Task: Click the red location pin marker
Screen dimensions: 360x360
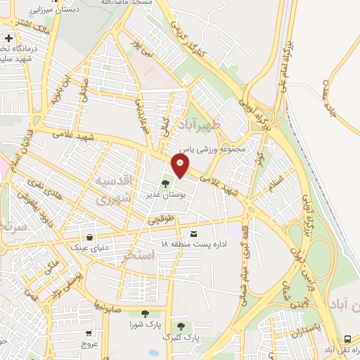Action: click(181, 166)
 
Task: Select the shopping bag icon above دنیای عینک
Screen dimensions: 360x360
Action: click(89, 237)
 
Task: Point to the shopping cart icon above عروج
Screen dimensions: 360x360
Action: click(89, 334)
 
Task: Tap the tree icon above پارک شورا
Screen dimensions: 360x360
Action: click(145, 314)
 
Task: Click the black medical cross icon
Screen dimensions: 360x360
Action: click(8, 37)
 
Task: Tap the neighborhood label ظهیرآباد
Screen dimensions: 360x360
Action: click(205, 125)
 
